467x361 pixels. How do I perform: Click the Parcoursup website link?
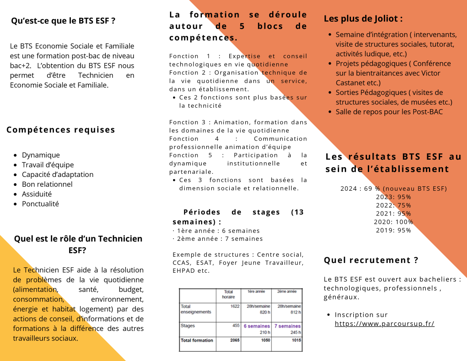coord(384,324)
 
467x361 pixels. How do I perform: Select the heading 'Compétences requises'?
coord(61,130)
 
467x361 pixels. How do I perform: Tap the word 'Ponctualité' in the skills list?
coord(40,204)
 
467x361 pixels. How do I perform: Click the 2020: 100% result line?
coord(394,222)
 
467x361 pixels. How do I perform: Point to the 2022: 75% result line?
coord(394,205)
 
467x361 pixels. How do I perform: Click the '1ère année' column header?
coord(256,291)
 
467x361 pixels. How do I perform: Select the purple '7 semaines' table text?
coord(287,326)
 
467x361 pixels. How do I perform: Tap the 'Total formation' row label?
coord(197,340)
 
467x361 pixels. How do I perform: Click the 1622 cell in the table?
coord(235,306)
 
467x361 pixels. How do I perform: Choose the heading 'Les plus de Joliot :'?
coord(363,19)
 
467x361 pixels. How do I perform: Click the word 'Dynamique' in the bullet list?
coord(41,155)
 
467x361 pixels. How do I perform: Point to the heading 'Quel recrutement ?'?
coord(371,260)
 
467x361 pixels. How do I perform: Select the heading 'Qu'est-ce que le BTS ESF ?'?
coord(63,21)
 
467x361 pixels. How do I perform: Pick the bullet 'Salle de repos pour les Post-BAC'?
coord(389,112)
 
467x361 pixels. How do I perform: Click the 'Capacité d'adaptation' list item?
coord(58,175)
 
